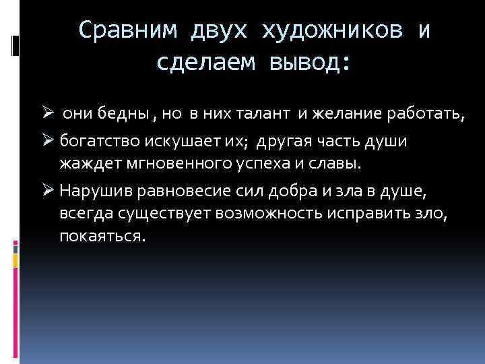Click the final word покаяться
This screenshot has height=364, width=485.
click(x=102, y=237)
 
